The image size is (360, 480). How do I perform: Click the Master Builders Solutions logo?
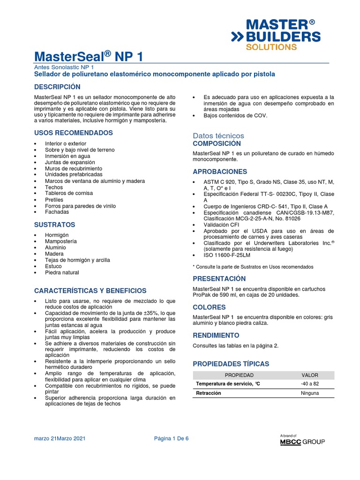click(x=275, y=35)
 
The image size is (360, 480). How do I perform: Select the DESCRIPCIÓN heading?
click(x=57, y=87)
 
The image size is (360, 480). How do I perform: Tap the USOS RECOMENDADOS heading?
click(x=74, y=133)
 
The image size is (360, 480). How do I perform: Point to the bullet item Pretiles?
click(x=54, y=200)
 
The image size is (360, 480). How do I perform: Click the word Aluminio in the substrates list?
click(x=55, y=247)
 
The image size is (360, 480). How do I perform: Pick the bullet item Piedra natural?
click(x=62, y=272)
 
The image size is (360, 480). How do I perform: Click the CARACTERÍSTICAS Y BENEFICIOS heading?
click(x=90, y=291)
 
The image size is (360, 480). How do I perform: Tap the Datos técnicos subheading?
click(x=218, y=135)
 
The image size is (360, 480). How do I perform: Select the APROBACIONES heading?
click(x=220, y=172)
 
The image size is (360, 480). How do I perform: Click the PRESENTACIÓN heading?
click(x=219, y=278)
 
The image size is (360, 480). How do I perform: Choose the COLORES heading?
click(x=209, y=307)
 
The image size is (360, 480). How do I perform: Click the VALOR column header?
click(x=309, y=375)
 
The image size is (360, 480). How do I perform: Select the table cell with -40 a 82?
click(x=309, y=384)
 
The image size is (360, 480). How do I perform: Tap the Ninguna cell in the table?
click(x=309, y=393)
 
